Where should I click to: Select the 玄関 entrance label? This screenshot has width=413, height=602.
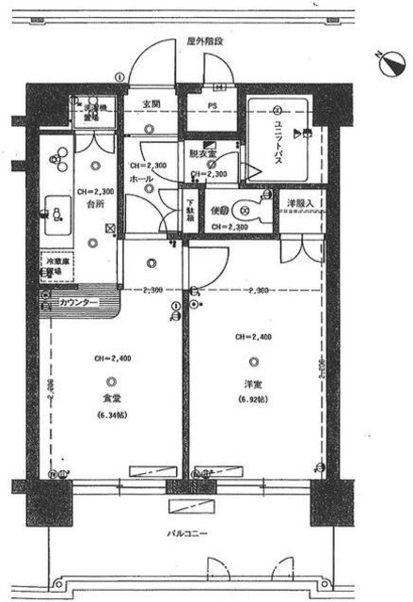click(x=151, y=103)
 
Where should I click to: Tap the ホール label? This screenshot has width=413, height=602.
click(x=141, y=177)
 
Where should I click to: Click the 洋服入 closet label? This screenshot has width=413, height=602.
click(x=301, y=204)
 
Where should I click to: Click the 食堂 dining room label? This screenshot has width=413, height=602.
click(x=112, y=398)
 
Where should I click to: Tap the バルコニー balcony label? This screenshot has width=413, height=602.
click(x=188, y=535)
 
